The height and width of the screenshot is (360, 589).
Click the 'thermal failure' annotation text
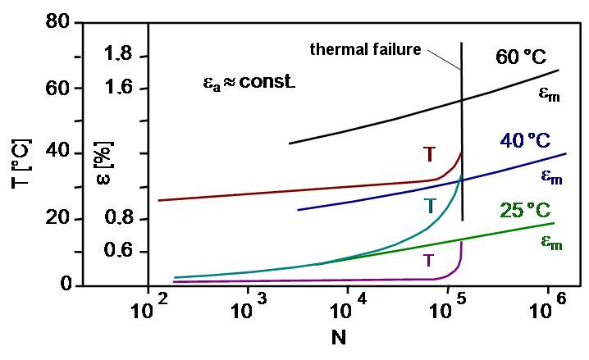click(365, 49)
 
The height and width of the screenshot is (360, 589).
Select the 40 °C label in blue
click(533, 140)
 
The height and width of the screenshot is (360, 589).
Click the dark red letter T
click(429, 154)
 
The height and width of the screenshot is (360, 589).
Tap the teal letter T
click(429, 205)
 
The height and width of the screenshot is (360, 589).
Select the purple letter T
click(428, 262)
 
